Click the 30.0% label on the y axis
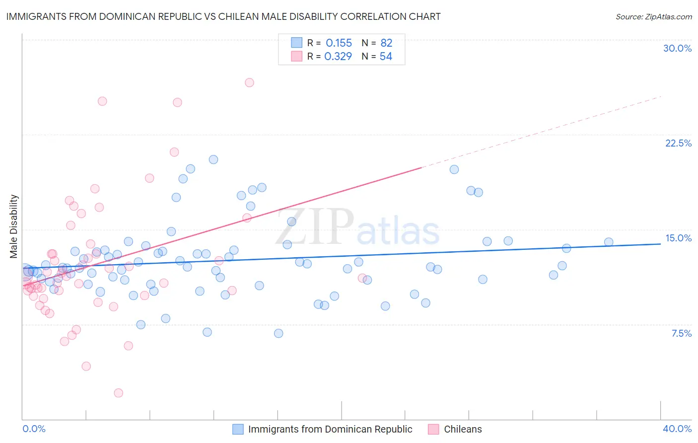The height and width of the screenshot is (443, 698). tap(677, 48)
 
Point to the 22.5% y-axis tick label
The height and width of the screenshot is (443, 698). tap(678, 143)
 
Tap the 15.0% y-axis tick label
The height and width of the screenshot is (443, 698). tap(678, 238)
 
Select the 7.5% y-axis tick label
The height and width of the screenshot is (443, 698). tap(681, 333)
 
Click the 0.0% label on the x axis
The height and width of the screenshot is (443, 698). tap(34, 429)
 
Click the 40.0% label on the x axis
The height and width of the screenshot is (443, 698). tap(677, 429)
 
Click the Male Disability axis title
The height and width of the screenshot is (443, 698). tap(13, 226)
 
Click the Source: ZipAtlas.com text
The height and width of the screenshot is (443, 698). tap(653, 16)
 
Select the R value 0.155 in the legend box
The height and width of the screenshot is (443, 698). tap(339, 43)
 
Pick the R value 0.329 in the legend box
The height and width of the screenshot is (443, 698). tap(338, 57)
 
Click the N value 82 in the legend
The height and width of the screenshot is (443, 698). tap(386, 43)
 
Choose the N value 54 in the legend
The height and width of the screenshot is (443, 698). tap(386, 57)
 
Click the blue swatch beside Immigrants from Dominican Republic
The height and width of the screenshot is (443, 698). tap(238, 429)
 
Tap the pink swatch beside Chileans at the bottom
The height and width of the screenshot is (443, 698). tap(433, 429)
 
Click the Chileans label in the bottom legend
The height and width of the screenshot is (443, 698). tap(463, 429)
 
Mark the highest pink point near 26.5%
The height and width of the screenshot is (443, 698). tap(249, 82)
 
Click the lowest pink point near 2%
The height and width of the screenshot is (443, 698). tap(118, 393)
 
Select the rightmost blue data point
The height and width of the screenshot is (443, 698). tap(609, 242)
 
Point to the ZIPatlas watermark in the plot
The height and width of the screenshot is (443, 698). tap(357, 226)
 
